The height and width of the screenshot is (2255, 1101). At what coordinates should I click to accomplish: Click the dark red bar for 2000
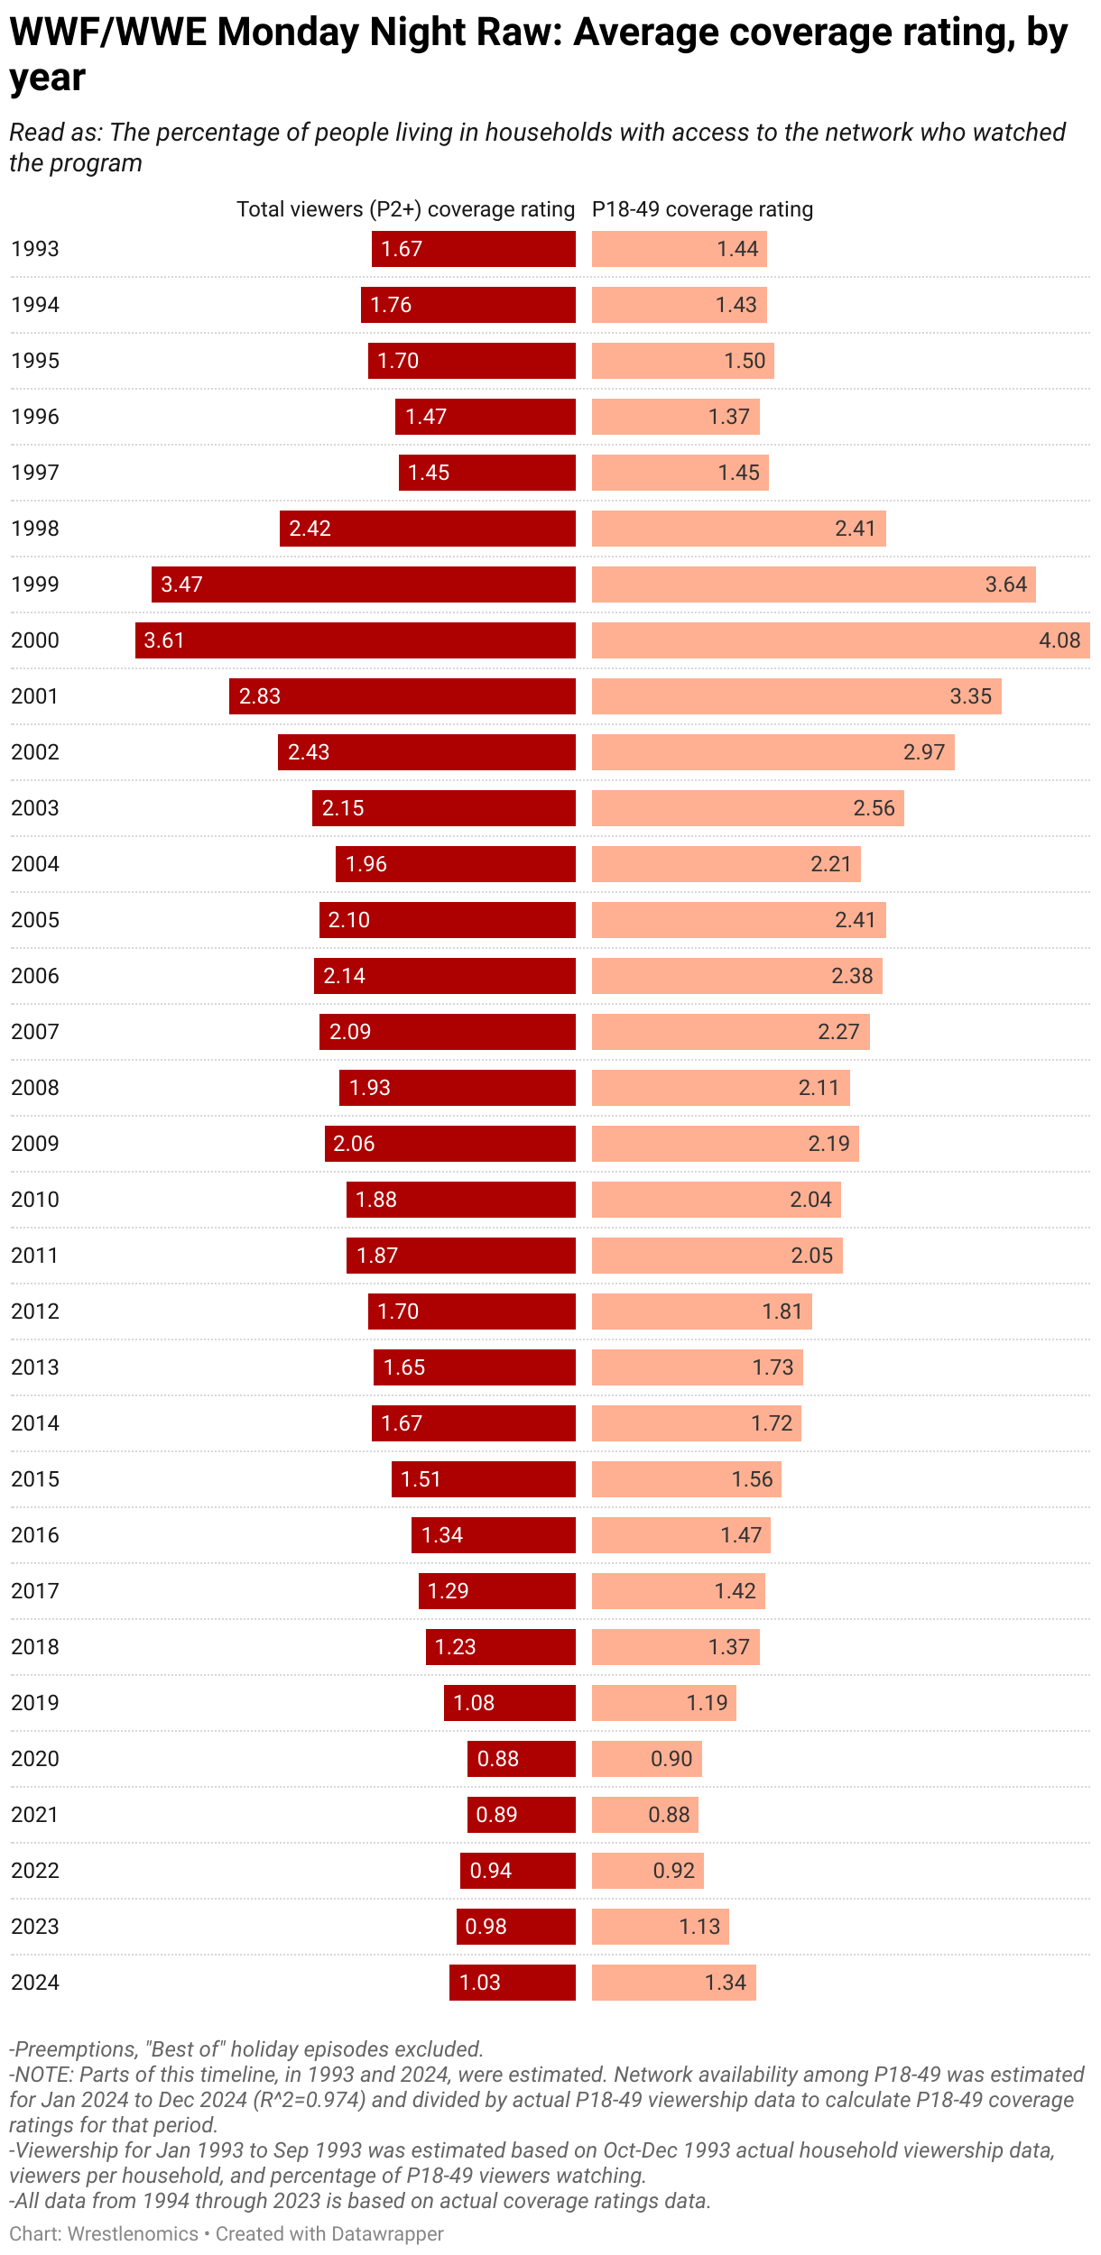[x=356, y=640]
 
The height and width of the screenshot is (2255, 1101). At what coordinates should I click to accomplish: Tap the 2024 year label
[x=35, y=1983]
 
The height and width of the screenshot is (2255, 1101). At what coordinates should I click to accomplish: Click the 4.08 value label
[x=1059, y=640]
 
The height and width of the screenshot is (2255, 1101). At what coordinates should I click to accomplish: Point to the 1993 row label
[x=35, y=249]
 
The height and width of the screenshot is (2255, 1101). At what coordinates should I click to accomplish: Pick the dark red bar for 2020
[x=522, y=1759]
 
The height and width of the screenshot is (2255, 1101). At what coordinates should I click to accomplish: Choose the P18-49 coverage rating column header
[x=702, y=209]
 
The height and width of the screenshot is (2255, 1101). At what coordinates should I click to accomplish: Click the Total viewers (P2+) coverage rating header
[x=405, y=209]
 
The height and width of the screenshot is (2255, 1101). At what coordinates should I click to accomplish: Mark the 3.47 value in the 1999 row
[x=181, y=584]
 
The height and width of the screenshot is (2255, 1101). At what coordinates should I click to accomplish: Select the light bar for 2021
[x=644, y=1815]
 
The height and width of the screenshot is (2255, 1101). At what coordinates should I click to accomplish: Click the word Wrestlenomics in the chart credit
[x=133, y=2233]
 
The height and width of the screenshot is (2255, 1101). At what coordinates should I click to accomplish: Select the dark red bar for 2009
[x=449, y=1144]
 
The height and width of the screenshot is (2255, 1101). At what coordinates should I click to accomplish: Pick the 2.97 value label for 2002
[x=923, y=752]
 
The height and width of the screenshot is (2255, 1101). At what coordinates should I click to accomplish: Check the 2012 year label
[x=35, y=1312]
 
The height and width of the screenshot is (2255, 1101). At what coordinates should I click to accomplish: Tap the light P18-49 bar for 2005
[x=738, y=920]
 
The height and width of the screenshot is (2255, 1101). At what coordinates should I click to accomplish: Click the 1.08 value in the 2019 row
[x=474, y=1703]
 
